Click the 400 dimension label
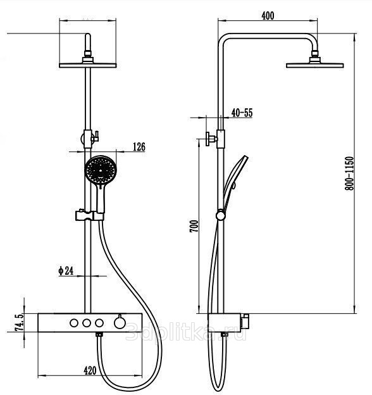(x=268, y=16)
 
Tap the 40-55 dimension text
(x=242, y=113)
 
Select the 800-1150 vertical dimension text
(x=349, y=173)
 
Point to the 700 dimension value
(x=194, y=226)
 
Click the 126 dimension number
(x=139, y=147)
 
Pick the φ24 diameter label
(x=66, y=270)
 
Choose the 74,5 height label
(x=19, y=322)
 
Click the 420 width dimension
(x=90, y=370)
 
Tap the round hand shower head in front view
(x=101, y=170)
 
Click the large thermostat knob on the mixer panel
(x=119, y=322)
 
